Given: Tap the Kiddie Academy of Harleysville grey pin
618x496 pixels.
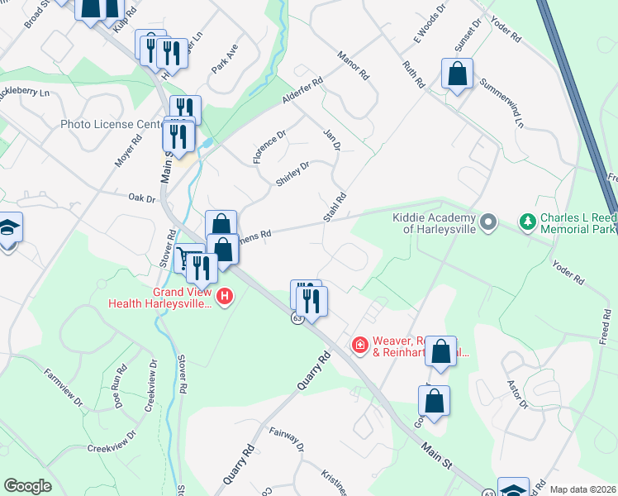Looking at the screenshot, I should tap(488, 222).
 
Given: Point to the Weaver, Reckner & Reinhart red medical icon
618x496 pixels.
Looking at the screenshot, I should tap(359, 343).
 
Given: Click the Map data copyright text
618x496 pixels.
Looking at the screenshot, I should tap(582, 489).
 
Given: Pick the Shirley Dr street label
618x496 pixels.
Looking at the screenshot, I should tap(292, 174).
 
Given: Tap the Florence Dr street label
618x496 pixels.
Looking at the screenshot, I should tap(269, 145).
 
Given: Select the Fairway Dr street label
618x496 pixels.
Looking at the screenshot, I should tap(288, 440).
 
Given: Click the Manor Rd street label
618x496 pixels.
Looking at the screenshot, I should tap(353, 65).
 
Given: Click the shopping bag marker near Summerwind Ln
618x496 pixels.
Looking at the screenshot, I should tap(457, 74).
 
